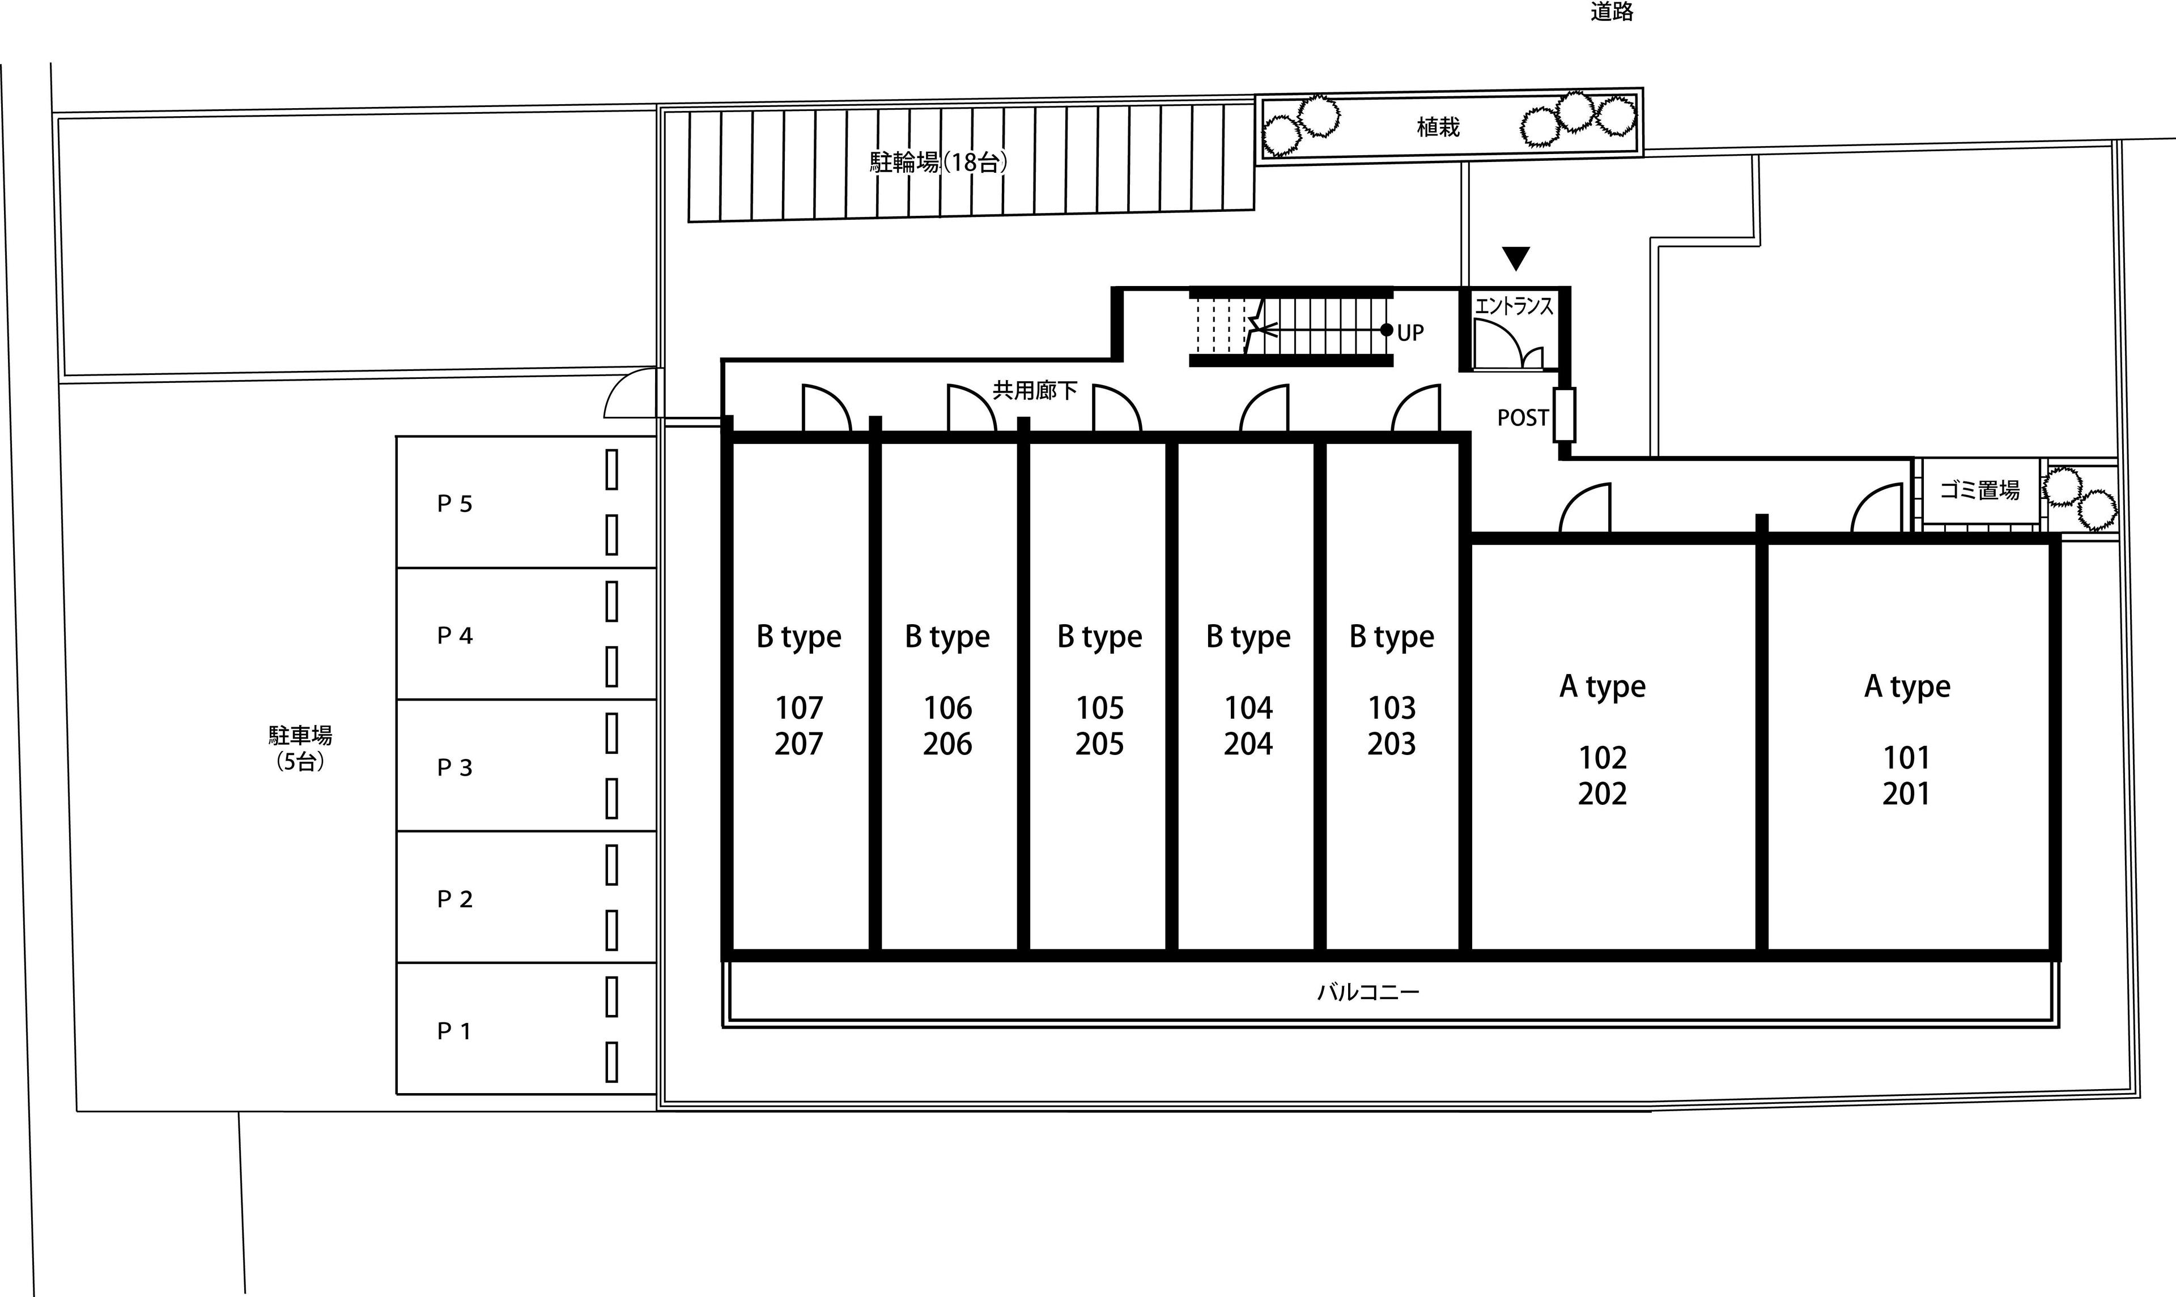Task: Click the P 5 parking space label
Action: (x=454, y=504)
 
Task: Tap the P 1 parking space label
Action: (x=454, y=1031)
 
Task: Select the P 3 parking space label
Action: (x=454, y=767)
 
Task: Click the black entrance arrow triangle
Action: (x=1516, y=258)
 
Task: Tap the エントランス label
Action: (x=1514, y=305)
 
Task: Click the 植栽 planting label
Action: (x=1438, y=127)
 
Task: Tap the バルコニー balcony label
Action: (x=1368, y=992)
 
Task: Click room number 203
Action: (x=1392, y=744)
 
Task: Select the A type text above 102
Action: (x=1603, y=687)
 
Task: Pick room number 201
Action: (x=1907, y=793)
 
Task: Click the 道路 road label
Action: (x=1612, y=11)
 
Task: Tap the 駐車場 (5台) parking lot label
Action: (x=300, y=748)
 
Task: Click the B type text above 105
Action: (x=1100, y=637)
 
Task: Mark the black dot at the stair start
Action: (x=1387, y=330)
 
